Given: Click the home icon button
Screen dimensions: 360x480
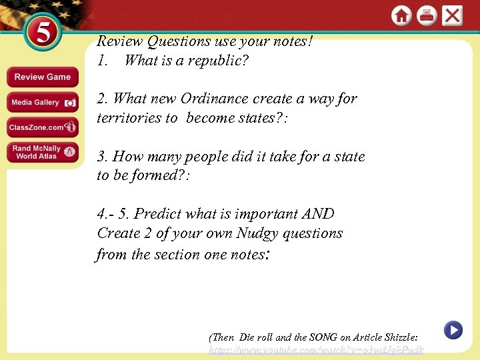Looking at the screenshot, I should [x=401, y=15].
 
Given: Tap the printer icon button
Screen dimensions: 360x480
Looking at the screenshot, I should [x=427, y=15].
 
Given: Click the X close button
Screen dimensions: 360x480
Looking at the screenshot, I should [x=452, y=15].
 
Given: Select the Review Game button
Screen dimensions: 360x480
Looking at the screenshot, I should [x=42, y=77].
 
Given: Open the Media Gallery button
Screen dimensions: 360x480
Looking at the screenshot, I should [x=42, y=103].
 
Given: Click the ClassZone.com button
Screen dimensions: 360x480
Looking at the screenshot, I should [x=42, y=127].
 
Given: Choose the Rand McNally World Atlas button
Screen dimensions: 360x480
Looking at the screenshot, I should [x=42, y=153].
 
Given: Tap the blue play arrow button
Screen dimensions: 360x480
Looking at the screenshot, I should [x=453, y=329].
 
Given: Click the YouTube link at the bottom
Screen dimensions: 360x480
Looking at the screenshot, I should [x=315, y=350].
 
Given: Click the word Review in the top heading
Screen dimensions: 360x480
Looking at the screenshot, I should [x=120, y=41].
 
